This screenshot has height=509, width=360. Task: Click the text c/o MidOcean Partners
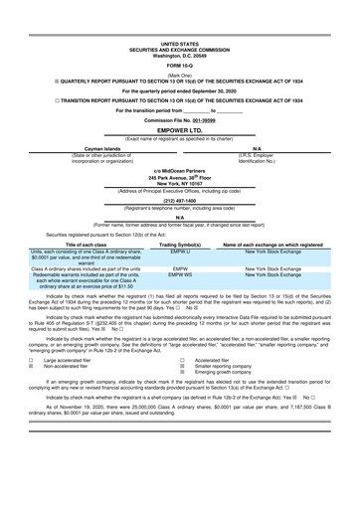point(179,170)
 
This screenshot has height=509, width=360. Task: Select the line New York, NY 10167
point(179,184)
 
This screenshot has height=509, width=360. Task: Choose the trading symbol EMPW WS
point(180,273)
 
